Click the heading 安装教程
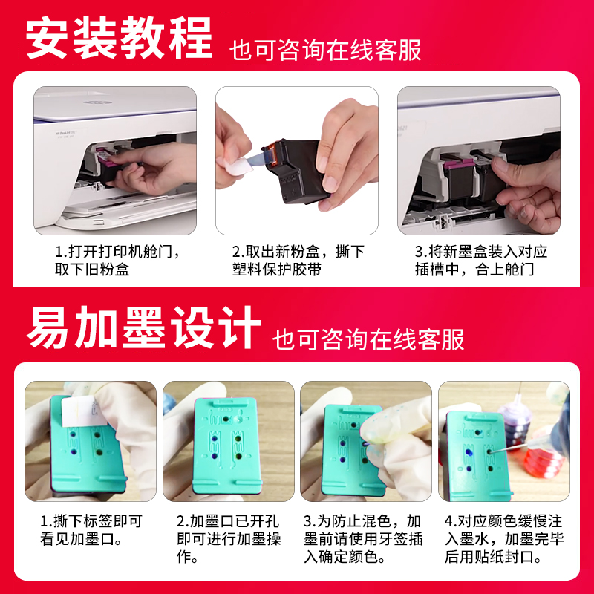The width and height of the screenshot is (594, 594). tap(120, 36)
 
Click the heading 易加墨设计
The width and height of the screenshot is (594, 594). tap(144, 327)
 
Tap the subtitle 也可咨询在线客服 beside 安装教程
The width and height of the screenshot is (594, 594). tap(326, 50)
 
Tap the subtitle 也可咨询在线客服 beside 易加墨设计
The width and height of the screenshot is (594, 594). tap(368, 339)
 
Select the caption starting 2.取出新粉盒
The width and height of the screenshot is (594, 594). tap(298, 261)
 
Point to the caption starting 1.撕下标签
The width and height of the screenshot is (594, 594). tap(91, 530)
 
